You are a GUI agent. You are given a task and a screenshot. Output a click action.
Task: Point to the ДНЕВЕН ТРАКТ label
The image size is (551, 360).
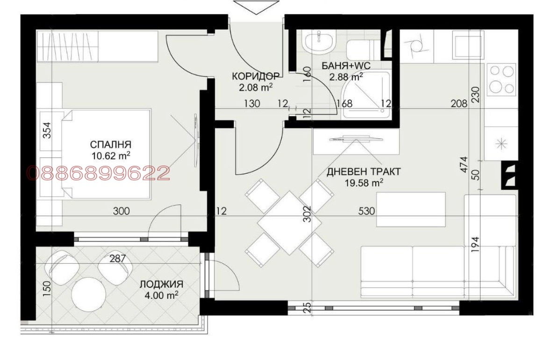[x=363, y=172]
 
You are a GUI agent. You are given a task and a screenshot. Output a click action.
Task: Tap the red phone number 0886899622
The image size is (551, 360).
[x=98, y=173]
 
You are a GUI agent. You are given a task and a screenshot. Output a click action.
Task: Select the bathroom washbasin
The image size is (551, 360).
[x=319, y=42]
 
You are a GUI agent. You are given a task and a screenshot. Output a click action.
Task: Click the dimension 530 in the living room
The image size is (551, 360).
[x=367, y=211]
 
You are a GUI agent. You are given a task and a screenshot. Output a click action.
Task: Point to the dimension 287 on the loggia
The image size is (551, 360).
[x=117, y=258]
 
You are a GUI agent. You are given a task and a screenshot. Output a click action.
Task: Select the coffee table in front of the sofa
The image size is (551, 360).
[x=410, y=209]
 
